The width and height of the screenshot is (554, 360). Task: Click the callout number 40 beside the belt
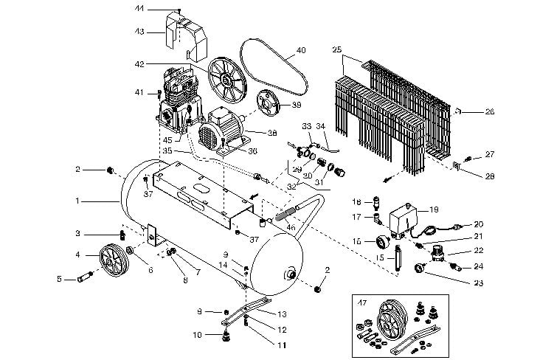tap(300, 51)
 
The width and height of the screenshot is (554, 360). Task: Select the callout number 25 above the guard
tap(337, 50)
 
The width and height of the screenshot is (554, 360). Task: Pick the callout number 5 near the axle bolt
tap(60, 278)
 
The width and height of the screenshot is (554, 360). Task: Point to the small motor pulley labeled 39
tap(270, 105)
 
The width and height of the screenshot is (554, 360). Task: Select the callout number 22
tap(478, 251)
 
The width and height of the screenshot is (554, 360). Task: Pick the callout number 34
tap(320, 126)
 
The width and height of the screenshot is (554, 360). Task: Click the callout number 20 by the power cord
tap(478, 224)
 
